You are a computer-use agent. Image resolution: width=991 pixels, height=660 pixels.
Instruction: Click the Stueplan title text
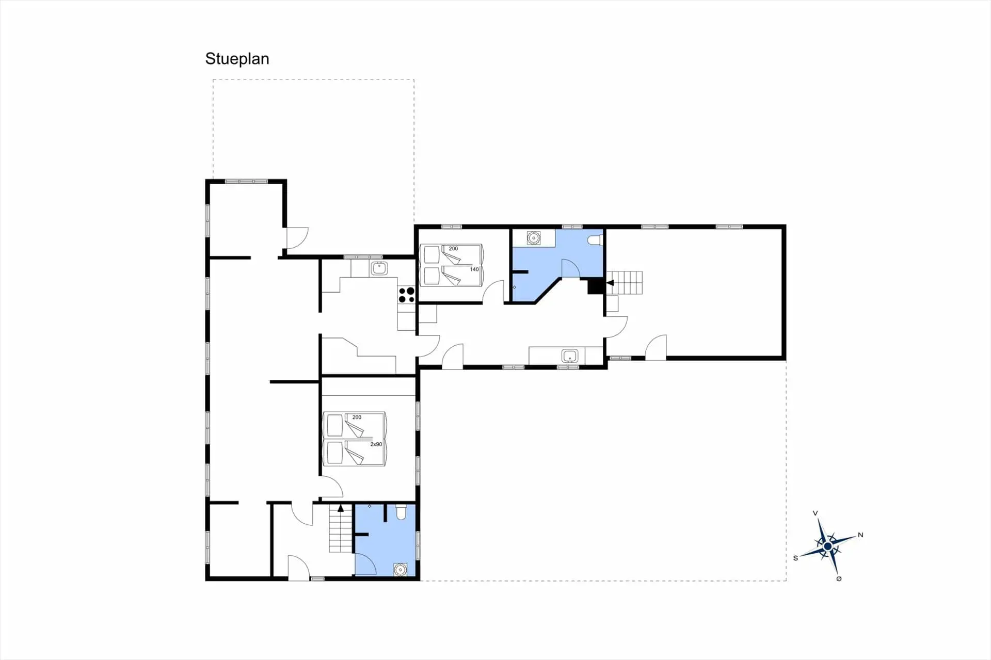(x=237, y=59)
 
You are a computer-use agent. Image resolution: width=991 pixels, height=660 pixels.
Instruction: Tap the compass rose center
(x=828, y=546)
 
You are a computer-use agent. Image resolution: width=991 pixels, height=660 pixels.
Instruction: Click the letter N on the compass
(x=860, y=535)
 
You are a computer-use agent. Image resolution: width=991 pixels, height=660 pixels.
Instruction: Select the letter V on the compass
(x=816, y=513)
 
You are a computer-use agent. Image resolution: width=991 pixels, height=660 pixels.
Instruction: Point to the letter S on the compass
(x=795, y=558)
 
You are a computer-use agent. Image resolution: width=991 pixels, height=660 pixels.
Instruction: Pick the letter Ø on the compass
(x=839, y=578)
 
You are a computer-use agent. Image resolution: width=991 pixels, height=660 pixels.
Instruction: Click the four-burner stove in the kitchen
(x=406, y=295)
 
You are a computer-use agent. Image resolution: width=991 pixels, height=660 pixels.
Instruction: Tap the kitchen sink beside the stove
(x=379, y=268)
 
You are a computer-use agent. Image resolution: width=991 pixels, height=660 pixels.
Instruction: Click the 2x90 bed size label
(x=376, y=444)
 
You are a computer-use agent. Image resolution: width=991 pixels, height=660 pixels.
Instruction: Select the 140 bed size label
(x=474, y=269)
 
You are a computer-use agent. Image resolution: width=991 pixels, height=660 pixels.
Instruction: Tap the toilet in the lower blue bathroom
(x=401, y=512)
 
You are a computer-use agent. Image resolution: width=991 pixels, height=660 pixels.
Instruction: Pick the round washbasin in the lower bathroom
(x=401, y=569)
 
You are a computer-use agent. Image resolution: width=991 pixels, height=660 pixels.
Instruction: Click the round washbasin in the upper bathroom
(x=533, y=238)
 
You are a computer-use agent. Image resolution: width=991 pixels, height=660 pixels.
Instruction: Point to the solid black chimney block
(x=595, y=286)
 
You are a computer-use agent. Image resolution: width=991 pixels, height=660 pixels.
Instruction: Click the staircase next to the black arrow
(x=625, y=283)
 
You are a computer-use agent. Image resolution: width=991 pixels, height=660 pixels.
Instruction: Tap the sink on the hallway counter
(x=570, y=356)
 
